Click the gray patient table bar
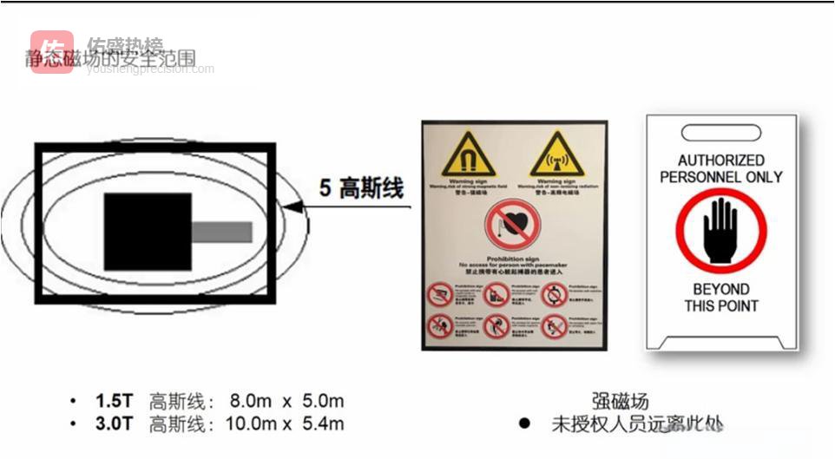coord(221,232)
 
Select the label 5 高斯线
coord(361,188)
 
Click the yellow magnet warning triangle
coord(468,154)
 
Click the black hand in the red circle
coord(720,231)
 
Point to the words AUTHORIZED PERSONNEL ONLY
coord(720,168)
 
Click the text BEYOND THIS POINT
coord(720,297)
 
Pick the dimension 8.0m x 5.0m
coord(286,402)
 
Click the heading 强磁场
coord(620,401)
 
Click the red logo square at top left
coord(52,52)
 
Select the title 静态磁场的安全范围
coord(110,59)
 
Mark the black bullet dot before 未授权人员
coord(523,424)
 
